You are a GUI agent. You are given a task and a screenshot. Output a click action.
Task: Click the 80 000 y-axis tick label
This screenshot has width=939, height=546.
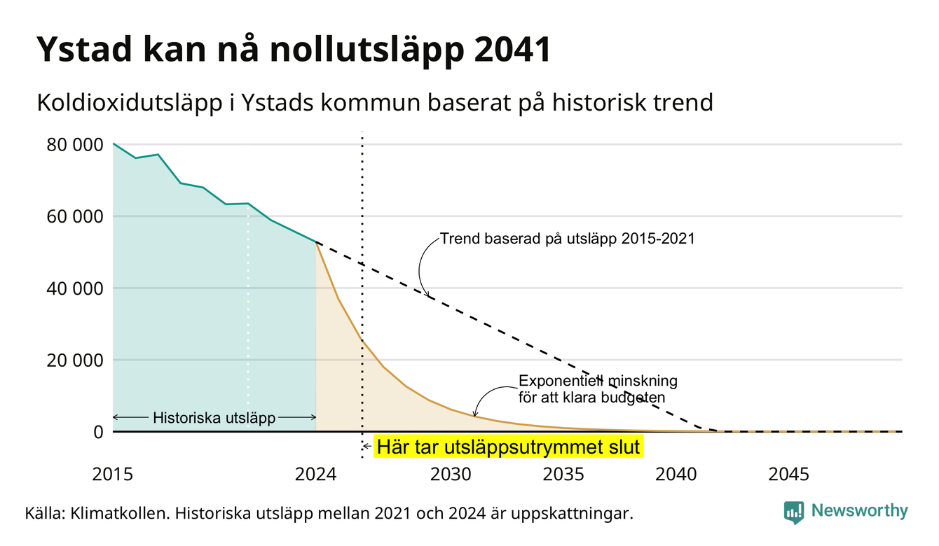[x=74, y=145]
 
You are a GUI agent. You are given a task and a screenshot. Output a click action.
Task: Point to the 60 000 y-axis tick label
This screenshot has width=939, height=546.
[x=74, y=217]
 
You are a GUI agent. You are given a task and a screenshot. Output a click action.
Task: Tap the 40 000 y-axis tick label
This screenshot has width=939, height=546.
[x=74, y=289]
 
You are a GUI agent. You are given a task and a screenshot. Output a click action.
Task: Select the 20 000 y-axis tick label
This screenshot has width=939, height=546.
[x=74, y=360]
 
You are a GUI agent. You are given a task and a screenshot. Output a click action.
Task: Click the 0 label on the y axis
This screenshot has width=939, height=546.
[x=98, y=432]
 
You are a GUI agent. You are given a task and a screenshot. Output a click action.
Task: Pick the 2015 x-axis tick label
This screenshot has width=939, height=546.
[x=112, y=475]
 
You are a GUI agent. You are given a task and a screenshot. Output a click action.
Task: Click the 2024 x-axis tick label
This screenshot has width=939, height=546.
[x=315, y=475]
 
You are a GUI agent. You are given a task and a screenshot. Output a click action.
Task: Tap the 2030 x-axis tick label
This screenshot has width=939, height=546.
[x=451, y=475]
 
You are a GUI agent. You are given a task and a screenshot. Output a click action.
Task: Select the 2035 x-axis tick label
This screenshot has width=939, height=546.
[x=563, y=475]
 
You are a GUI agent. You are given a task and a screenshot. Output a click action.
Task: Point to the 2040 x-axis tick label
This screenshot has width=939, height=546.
[x=676, y=475]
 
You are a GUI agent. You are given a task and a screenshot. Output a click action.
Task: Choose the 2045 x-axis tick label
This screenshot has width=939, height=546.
[x=788, y=475]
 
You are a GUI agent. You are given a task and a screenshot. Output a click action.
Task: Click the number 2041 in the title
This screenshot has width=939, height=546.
[x=512, y=50]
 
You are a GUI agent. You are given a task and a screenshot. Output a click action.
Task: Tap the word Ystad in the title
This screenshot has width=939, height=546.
[x=84, y=50]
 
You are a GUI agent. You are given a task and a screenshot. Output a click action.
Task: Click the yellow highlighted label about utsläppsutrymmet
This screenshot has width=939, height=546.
[x=509, y=447]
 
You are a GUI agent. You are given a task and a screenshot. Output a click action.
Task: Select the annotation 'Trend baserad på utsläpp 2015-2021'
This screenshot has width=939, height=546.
[x=567, y=239]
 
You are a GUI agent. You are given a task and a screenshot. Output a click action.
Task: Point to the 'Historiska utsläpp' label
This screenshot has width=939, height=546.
[x=214, y=418]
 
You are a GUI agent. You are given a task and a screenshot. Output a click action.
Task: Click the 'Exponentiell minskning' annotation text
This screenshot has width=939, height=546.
[x=598, y=381]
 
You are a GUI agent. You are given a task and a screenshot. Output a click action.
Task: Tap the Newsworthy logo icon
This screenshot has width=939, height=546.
[x=793, y=512]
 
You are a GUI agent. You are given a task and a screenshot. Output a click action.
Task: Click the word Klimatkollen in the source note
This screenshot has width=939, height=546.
[x=119, y=513]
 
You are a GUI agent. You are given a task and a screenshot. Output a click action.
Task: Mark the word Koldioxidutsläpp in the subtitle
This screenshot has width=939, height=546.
[x=130, y=103]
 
